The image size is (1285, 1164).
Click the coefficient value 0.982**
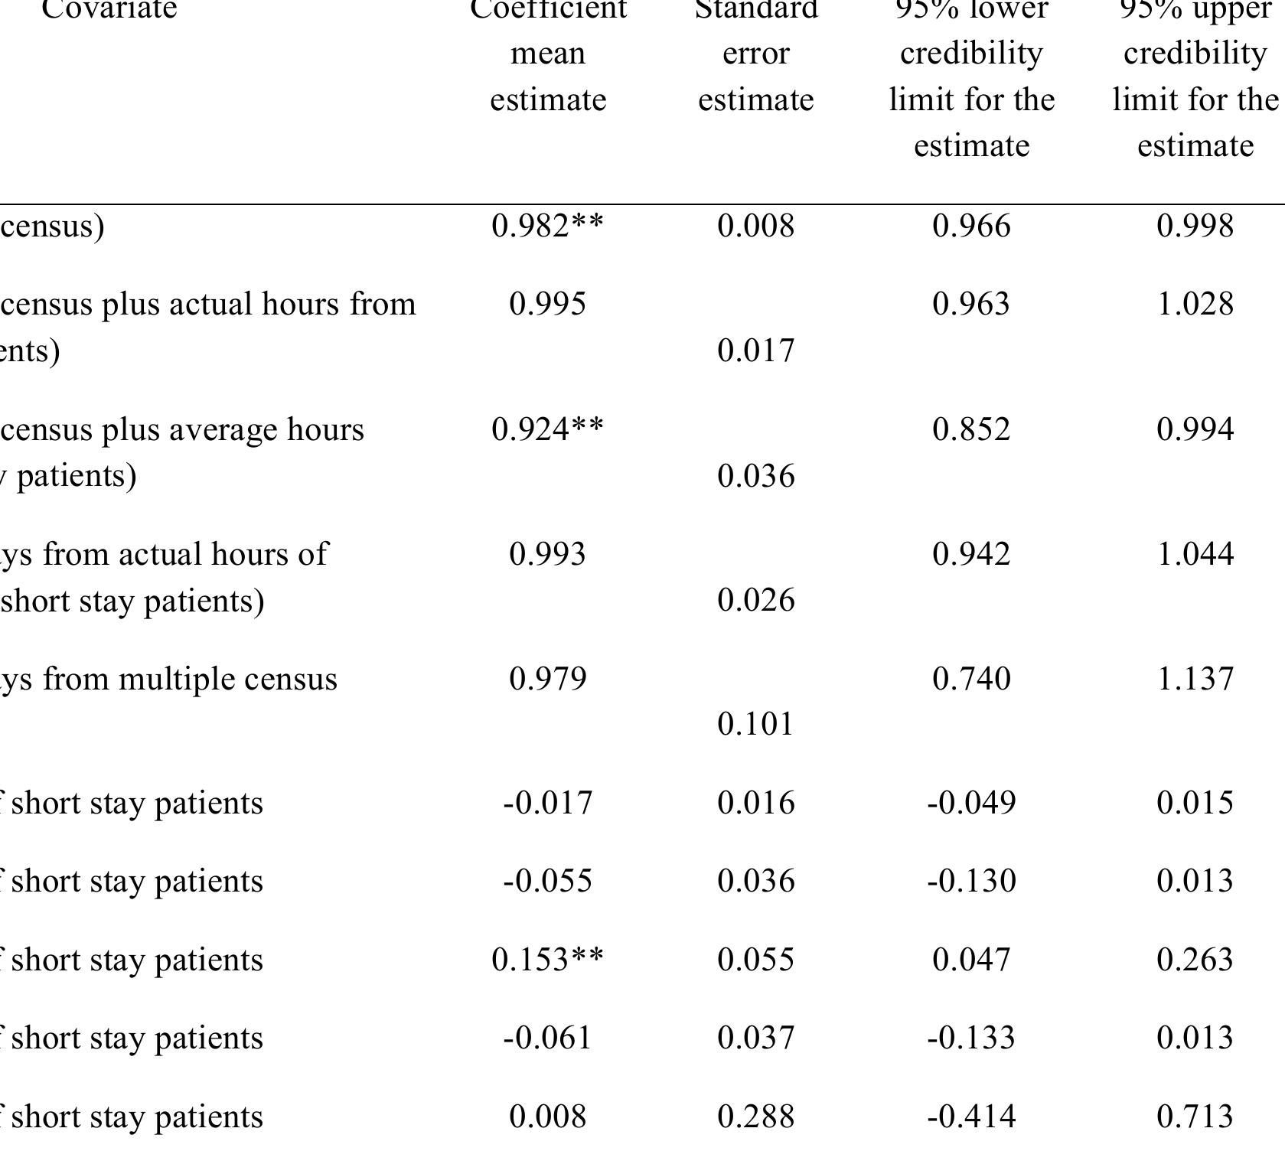click(x=547, y=226)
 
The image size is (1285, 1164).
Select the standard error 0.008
click(x=755, y=226)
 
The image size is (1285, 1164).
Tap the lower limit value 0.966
click(x=971, y=226)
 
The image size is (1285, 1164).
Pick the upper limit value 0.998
click(x=1195, y=226)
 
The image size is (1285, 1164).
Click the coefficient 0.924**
click(x=547, y=429)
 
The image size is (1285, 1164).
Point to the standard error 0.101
click(x=755, y=724)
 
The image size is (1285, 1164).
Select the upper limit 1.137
click(x=1195, y=679)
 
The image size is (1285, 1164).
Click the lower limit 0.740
click(x=971, y=679)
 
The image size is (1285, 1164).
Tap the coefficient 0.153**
click(x=547, y=960)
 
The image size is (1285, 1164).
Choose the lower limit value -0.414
click(x=971, y=1117)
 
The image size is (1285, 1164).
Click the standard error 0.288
click(x=755, y=1117)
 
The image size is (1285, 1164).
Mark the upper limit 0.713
click(x=1195, y=1117)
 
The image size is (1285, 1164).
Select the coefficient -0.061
click(x=547, y=1038)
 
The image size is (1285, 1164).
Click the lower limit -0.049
click(x=971, y=803)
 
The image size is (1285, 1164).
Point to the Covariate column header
click(x=109, y=9)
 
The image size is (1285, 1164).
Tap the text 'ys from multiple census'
click(x=168, y=679)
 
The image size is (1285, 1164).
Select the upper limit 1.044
click(x=1195, y=554)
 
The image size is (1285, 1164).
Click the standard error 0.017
click(x=755, y=351)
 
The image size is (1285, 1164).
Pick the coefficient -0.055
click(x=547, y=881)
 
